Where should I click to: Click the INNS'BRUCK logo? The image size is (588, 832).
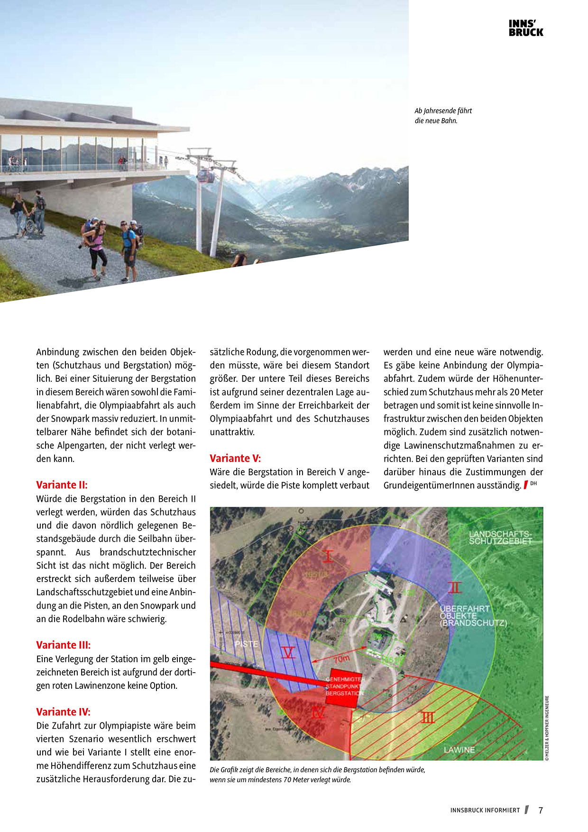(x=525, y=28)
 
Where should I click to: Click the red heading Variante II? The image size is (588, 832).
(x=62, y=485)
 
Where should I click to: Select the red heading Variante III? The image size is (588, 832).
(x=63, y=645)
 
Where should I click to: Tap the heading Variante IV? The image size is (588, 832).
(x=63, y=712)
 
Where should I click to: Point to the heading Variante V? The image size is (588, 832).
(x=235, y=458)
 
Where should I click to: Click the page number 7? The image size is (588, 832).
(x=541, y=810)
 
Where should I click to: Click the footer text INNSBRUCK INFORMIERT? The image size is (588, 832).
(x=485, y=810)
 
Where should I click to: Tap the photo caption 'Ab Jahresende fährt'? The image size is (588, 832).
(x=443, y=111)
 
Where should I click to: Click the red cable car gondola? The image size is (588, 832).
(x=205, y=176)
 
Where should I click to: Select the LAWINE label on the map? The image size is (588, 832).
(x=459, y=750)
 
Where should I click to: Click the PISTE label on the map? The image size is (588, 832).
(x=246, y=644)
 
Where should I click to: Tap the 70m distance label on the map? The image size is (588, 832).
(x=341, y=659)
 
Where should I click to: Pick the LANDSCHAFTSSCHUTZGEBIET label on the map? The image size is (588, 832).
(x=500, y=537)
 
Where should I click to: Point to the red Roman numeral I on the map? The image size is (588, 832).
(x=328, y=556)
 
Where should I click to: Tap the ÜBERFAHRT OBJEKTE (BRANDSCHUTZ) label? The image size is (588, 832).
(x=472, y=616)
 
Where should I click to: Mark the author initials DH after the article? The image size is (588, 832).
(x=533, y=483)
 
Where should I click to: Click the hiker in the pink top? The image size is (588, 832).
(x=97, y=247)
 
